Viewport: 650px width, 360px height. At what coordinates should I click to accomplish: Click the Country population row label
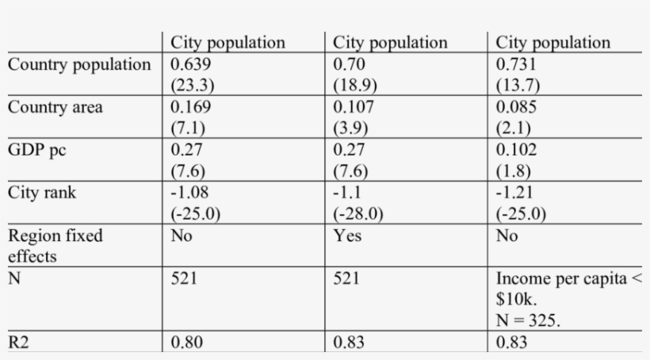[x=78, y=64]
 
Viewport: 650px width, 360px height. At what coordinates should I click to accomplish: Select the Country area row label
[x=55, y=107]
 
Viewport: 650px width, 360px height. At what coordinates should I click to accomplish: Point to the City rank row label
[x=42, y=193]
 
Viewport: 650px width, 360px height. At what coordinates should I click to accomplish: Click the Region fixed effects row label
[x=55, y=246]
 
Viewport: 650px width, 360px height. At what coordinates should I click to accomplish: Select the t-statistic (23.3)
[x=191, y=86]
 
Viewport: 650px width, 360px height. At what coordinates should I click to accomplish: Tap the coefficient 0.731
[x=515, y=64]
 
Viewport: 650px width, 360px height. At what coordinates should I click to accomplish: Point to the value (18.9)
[x=353, y=86]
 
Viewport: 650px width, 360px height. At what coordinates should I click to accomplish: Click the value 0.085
[x=515, y=107]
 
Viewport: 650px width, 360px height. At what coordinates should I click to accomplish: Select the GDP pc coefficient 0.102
[x=515, y=150]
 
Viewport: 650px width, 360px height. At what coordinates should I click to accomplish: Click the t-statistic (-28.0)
[x=357, y=214]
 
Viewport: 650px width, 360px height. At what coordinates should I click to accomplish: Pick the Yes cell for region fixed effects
[x=346, y=236]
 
